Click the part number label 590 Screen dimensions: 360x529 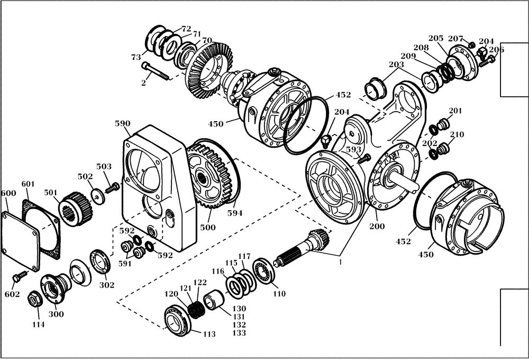tap(122, 124)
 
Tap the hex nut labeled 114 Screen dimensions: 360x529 tap(34, 300)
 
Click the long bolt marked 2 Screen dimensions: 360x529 tap(154, 71)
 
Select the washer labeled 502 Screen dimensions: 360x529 tap(97, 195)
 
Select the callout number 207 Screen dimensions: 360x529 tap(455, 39)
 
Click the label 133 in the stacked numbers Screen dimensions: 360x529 tap(240, 334)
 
